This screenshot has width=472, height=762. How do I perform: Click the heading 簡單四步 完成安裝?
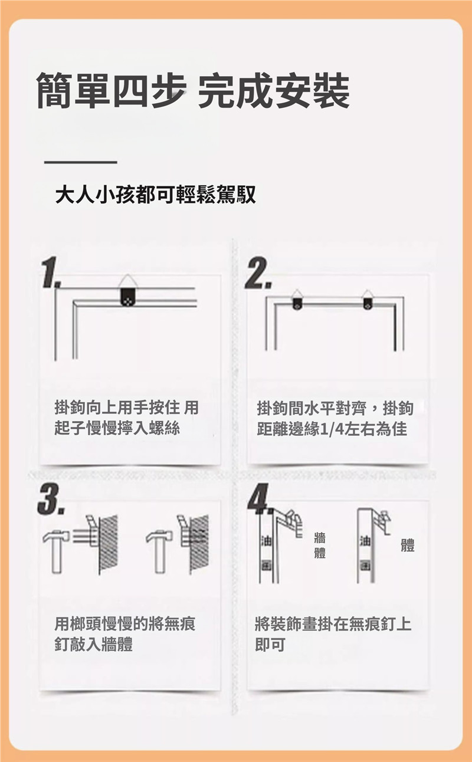[x=192, y=91]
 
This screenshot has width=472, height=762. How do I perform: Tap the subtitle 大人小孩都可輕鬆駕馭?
[x=155, y=195]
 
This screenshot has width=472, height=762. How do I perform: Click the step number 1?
[x=50, y=272]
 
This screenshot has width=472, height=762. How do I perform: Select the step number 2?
[x=258, y=273]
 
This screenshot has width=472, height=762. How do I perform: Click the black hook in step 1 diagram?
[x=127, y=297]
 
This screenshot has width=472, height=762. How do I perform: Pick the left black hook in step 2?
[x=297, y=303]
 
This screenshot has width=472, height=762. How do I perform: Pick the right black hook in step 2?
[x=367, y=303]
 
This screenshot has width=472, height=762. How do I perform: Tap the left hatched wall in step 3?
[x=108, y=544]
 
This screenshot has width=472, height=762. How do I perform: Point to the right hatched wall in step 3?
[x=198, y=544]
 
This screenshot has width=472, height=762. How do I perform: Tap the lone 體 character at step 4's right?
[x=408, y=545]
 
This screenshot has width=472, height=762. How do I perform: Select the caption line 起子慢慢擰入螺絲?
[x=117, y=428]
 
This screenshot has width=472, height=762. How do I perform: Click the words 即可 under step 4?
[x=270, y=644]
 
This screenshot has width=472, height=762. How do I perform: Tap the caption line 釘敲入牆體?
[x=94, y=644]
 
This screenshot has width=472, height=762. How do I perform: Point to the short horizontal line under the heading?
[x=81, y=162]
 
